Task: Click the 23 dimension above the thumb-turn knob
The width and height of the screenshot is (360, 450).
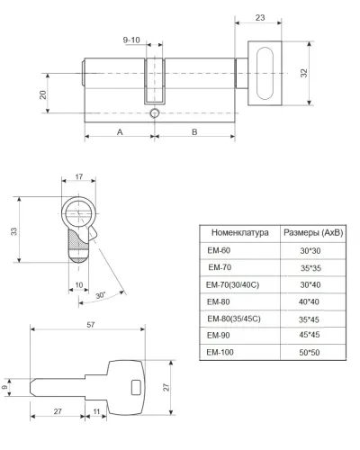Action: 260,18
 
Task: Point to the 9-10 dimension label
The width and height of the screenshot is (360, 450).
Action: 131,40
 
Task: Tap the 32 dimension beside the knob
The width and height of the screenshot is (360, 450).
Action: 304,73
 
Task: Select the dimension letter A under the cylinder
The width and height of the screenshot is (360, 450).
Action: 120,132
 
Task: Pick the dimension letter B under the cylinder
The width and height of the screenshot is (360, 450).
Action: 194,132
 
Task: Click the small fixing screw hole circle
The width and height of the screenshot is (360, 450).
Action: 154,113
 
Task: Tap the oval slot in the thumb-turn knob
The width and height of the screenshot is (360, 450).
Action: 265,73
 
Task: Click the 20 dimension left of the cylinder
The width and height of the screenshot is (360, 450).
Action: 43,94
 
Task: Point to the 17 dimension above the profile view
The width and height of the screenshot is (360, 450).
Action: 79,176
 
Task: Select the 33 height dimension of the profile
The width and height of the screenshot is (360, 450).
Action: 13,231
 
